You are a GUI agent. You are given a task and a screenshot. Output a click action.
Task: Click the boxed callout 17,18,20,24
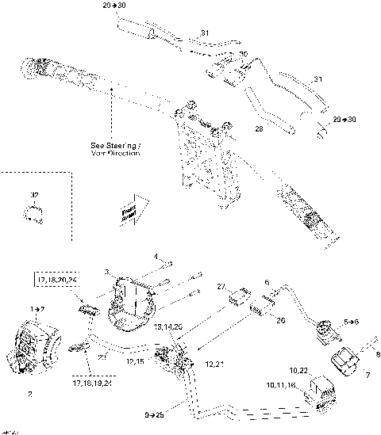pos(56,280)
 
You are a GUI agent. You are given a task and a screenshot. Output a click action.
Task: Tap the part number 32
pos(33,194)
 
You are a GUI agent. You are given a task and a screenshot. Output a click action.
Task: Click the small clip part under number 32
pos(33,212)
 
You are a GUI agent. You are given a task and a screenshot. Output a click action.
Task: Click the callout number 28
pos(258,128)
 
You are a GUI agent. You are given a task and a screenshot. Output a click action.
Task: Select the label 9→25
pos(156,414)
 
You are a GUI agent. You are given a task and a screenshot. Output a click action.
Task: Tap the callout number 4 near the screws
pos(156,258)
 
